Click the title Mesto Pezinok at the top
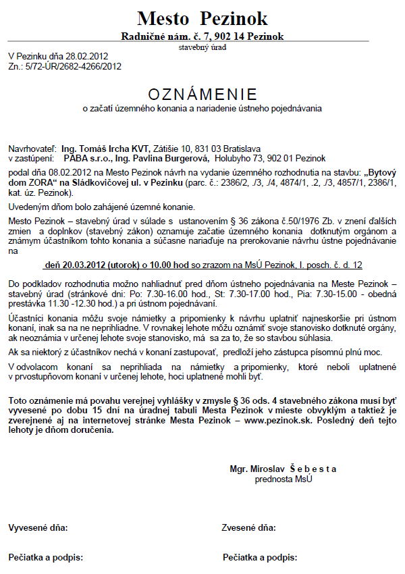click(x=202, y=18)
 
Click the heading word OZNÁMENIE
click(x=202, y=93)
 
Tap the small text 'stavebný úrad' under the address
click(x=202, y=47)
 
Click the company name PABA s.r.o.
click(x=88, y=157)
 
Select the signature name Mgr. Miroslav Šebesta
click(x=283, y=469)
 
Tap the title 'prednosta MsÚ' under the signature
click(x=283, y=479)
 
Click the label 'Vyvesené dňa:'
click(x=38, y=527)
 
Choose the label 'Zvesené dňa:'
click(x=249, y=527)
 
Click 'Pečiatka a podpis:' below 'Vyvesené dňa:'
click(x=45, y=557)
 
